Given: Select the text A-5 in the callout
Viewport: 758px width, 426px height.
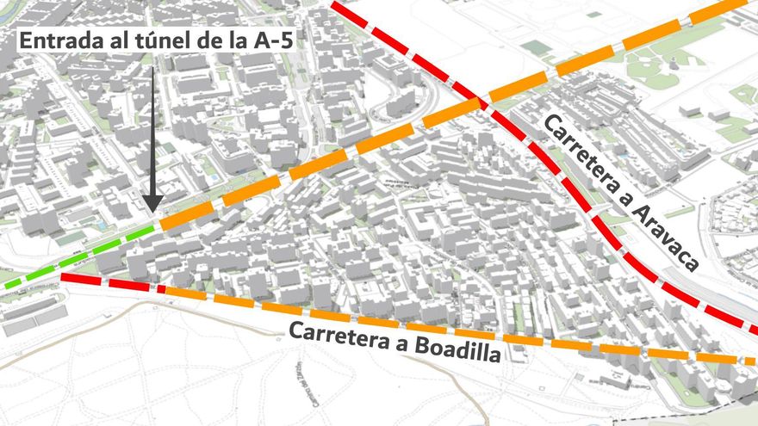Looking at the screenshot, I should click(270, 41).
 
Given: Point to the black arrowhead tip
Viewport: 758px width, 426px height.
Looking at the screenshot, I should click(152, 211).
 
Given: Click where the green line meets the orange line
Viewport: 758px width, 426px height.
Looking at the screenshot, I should click(158, 226).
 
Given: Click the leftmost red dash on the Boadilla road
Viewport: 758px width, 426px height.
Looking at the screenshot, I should click(82, 279).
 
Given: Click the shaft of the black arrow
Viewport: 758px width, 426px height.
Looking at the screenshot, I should click(152, 129).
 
